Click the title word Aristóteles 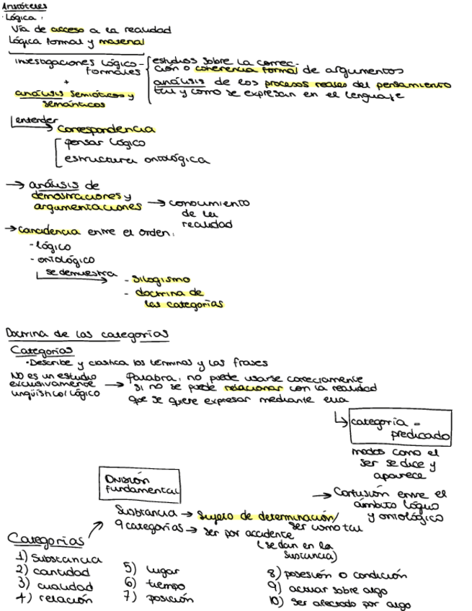[x=19, y=6]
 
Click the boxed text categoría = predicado [x=401, y=428]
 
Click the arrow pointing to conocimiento [x=154, y=205]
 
